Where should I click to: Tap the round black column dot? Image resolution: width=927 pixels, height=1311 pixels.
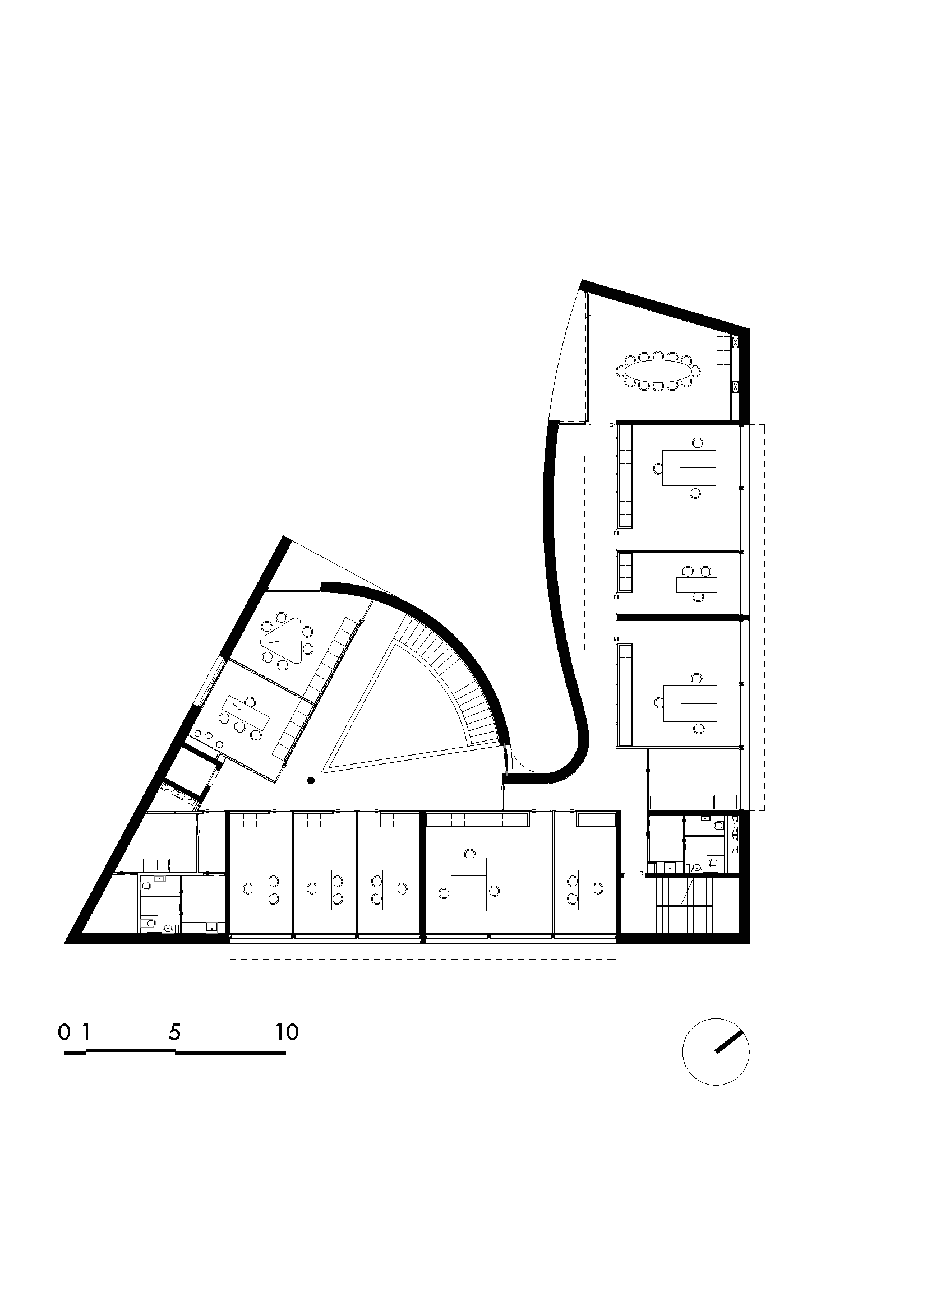point(311,780)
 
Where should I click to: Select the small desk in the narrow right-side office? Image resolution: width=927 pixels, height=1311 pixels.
point(697,585)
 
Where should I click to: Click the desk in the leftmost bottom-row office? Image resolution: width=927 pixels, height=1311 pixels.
point(259,890)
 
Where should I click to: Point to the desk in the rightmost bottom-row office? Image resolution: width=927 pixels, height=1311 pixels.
point(585,890)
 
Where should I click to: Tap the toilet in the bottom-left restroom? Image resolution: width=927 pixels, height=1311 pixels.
point(148,922)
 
